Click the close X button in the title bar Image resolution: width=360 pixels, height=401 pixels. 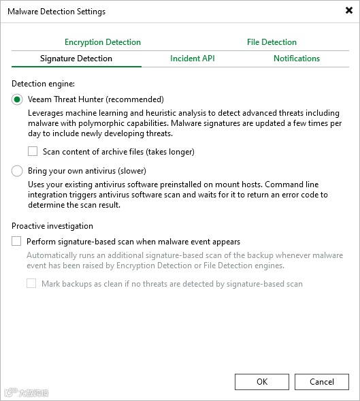click(349, 11)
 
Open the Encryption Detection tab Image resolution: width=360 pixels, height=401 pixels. click(103, 42)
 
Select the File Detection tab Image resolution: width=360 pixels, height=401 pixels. click(272, 42)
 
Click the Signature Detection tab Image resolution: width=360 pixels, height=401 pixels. click(76, 59)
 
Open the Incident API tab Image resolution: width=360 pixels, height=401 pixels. click(193, 59)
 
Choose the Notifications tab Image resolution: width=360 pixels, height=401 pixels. click(297, 59)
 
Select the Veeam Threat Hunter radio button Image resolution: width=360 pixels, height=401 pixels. click(17, 99)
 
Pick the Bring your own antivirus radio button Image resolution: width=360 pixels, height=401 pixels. click(17, 171)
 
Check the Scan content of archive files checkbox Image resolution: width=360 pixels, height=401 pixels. click(33, 152)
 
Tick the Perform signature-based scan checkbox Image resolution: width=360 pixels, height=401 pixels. click(16, 241)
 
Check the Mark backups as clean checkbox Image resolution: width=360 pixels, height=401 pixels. click(31, 283)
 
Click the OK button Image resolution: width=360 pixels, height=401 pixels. click(262, 382)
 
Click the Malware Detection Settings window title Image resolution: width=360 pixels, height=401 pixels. click(56, 12)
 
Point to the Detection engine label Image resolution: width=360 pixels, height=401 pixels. click(43, 83)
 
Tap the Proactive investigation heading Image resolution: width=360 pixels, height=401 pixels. click(52, 226)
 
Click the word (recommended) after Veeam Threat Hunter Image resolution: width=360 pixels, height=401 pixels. click(133, 99)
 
